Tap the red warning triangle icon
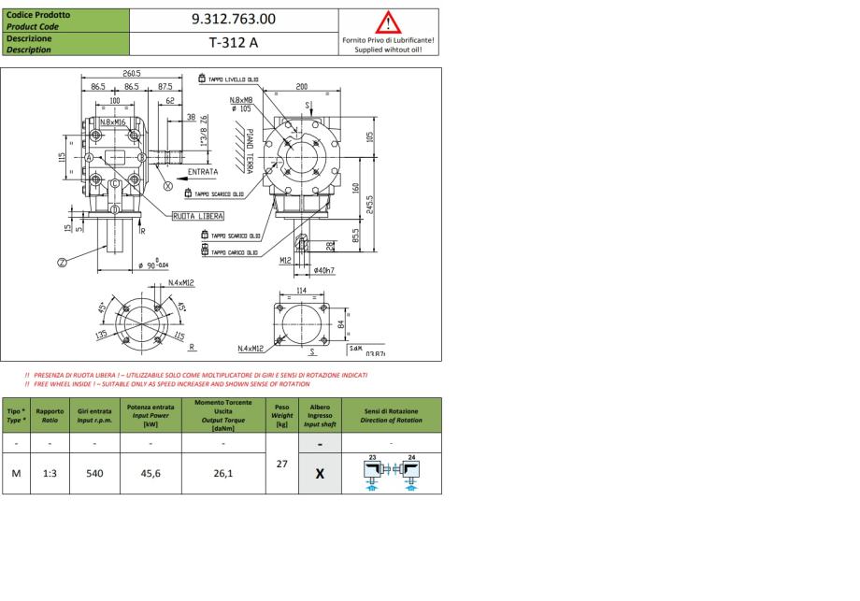[387, 21]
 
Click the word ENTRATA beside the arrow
[203, 172]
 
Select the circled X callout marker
[168, 186]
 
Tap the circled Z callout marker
[62, 263]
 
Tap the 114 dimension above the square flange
[301, 291]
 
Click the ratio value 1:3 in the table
[50, 473]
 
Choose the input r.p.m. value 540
[95, 473]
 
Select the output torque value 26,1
[223, 473]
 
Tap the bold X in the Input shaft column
[319, 473]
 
